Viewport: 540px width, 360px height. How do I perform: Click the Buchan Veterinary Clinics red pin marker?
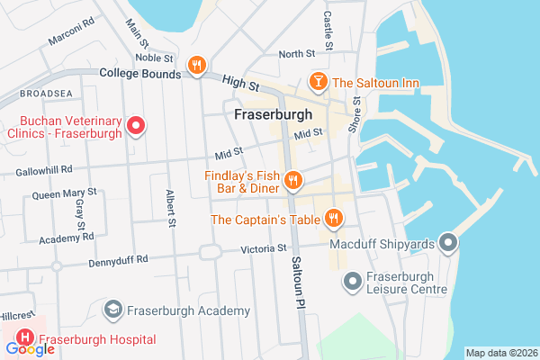[136, 125]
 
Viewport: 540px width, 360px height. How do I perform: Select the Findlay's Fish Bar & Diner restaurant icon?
[292, 182]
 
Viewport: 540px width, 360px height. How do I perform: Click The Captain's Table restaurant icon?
[334, 218]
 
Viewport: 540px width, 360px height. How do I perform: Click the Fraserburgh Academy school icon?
[112, 310]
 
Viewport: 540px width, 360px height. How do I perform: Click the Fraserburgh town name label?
[272, 115]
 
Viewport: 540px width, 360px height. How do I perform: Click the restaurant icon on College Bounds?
[196, 65]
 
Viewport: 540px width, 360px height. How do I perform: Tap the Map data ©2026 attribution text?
[500, 353]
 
